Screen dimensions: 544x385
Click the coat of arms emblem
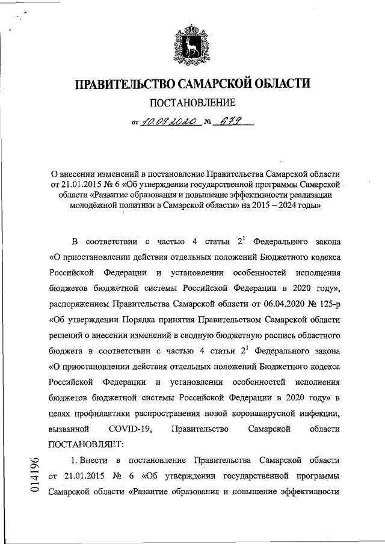(192, 43)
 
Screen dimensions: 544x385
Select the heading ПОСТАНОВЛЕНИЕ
(192, 103)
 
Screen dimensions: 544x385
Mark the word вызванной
(69, 429)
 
